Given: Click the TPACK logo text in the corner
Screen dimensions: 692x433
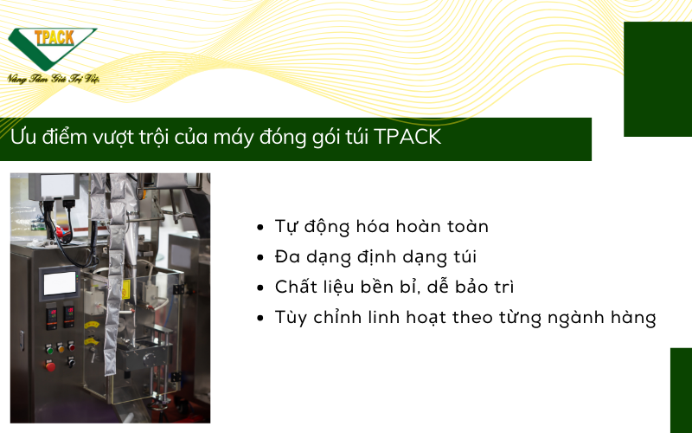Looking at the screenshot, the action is tap(54, 37).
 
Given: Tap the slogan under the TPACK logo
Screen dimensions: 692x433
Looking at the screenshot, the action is tap(53, 79).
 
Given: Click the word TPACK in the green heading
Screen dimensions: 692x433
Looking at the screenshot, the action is tap(407, 137).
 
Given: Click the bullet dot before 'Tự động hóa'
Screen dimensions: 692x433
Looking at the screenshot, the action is tap(260, 228).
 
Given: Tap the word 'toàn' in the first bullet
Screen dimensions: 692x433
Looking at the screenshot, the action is tap(468, 226).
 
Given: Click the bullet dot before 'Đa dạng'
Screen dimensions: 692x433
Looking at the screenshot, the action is tap(260, 257).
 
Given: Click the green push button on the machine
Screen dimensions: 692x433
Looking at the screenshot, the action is tap(49, 350).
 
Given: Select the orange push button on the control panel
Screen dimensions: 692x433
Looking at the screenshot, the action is tap(61, 349).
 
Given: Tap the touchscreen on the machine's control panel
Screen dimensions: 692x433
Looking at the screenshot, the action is tap(59, 283).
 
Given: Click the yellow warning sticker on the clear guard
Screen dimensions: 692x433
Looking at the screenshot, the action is tap(125, 288).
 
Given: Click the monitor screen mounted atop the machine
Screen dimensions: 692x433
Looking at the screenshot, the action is tap(57, 185).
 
